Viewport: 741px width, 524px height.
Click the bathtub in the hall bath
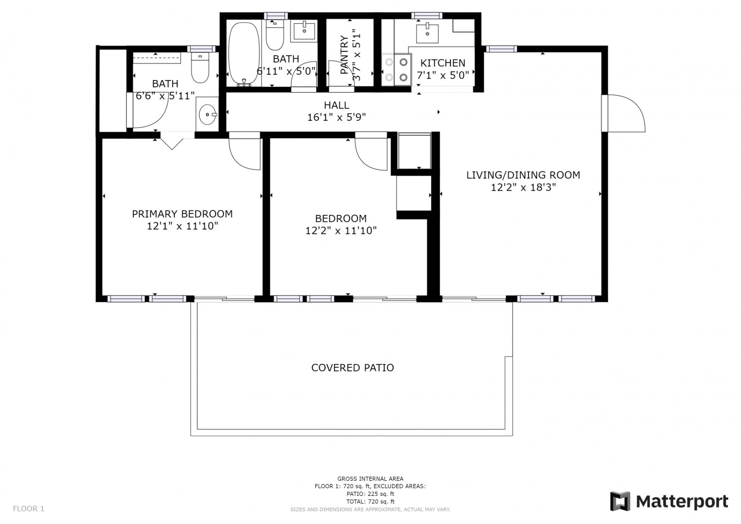[244, 53]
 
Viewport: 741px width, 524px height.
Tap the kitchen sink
[427, 33]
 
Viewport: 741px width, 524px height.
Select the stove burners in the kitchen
[396, 70]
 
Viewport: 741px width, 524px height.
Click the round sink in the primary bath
[208, 115]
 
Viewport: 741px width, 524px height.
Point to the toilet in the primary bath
[200, 68]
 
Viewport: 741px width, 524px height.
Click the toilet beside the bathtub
[275, 35]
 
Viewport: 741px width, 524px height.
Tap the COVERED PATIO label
[353, 368]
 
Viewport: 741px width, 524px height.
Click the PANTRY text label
[344, 55]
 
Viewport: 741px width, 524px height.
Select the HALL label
[337, 105]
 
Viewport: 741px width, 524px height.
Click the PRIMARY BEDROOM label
[182, 214]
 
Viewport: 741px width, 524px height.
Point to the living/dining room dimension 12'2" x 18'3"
[523, 187]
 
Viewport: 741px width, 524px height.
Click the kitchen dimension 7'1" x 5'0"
[443, 75]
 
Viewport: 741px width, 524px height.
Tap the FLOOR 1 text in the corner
[29, 508]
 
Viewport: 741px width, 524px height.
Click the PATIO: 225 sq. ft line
[370, 494]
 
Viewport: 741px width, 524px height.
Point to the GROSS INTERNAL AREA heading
[370, 479]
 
